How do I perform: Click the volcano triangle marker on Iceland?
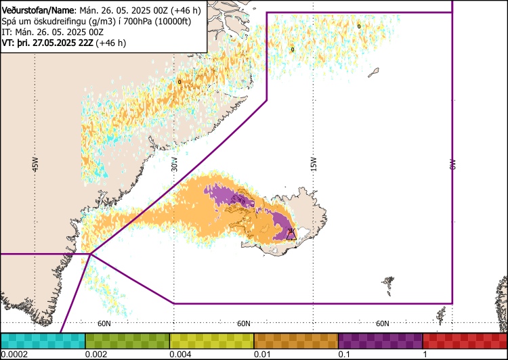click(x=291, y=234)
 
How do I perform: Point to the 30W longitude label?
click(x=174, y=165)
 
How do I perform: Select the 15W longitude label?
click(x=313, y=164)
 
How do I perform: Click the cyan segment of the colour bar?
click(x=43, y=340)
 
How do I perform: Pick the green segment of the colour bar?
click(x=127, y=340)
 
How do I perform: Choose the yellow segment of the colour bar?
click(x=211, y=340)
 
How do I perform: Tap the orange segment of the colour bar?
click(x=296, y=340)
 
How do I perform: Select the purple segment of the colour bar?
click(x=381, y=340)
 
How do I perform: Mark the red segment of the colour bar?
click(x=465, y=340)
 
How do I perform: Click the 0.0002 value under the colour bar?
click(x=14, y=355)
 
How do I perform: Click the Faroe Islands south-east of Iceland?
click(x=388, y=281)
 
